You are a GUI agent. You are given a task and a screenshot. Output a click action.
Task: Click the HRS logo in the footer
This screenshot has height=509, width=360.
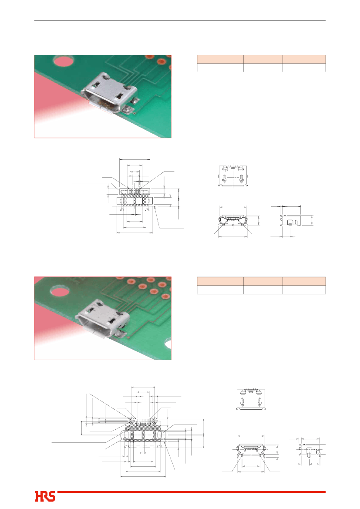pyautogui.click(x=45, y=496)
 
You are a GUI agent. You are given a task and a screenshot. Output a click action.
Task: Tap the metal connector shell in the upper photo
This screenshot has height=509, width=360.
pyautogui.click(x=109, y=93)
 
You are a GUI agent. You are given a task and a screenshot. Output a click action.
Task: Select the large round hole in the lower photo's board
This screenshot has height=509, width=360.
pyautogui.click(x=60, y=291)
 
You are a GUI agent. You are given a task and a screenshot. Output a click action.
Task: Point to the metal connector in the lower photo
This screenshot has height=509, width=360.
pyautogui.click(x=102, y=319)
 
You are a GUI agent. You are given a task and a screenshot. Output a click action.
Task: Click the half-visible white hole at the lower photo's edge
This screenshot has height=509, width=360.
pyautogui.click(x=168, y=344)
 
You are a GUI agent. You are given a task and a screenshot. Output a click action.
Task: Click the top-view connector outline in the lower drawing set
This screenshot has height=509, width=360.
pyautogui.click(x=251, y=400)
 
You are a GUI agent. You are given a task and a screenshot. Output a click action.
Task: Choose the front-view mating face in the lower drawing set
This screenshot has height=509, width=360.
pyautogui.click(x=251, y=450)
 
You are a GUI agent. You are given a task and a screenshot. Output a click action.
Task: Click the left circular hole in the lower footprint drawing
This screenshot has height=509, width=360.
pyautogui.click(x=131, y=421)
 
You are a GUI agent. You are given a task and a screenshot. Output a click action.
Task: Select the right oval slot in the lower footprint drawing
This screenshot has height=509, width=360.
pyautogui.click(x=159, y=435)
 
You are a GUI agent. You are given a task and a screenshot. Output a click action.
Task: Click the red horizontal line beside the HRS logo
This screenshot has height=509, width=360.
pyautogui.click(x=192, y=492)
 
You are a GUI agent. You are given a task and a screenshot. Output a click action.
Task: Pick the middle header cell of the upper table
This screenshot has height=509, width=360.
pyautogui.click(x=263, y=59)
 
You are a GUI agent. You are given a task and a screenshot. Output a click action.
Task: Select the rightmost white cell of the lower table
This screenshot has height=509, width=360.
pyautogui.click(x=304, y=290)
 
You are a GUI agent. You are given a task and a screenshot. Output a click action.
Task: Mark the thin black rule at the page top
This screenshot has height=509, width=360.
pyautogui.click(x=180, y=21)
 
